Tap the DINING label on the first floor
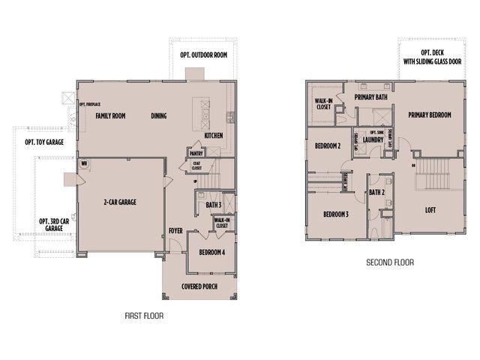click(x=158, y=115)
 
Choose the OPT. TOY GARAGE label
click(x=44, y=142)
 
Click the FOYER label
click(x=174, y=231)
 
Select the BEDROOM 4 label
click(x=211, y=253)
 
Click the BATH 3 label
click(x=213, y=204)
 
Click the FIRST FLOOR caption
click(x=144, y=316)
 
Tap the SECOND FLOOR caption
click(x=389, y=262)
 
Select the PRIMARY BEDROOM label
click(x=430, y=115)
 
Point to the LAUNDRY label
click(x=373, y=139)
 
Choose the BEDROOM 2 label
click(x=328, y=145)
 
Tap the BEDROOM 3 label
click(x=336, y=214)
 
